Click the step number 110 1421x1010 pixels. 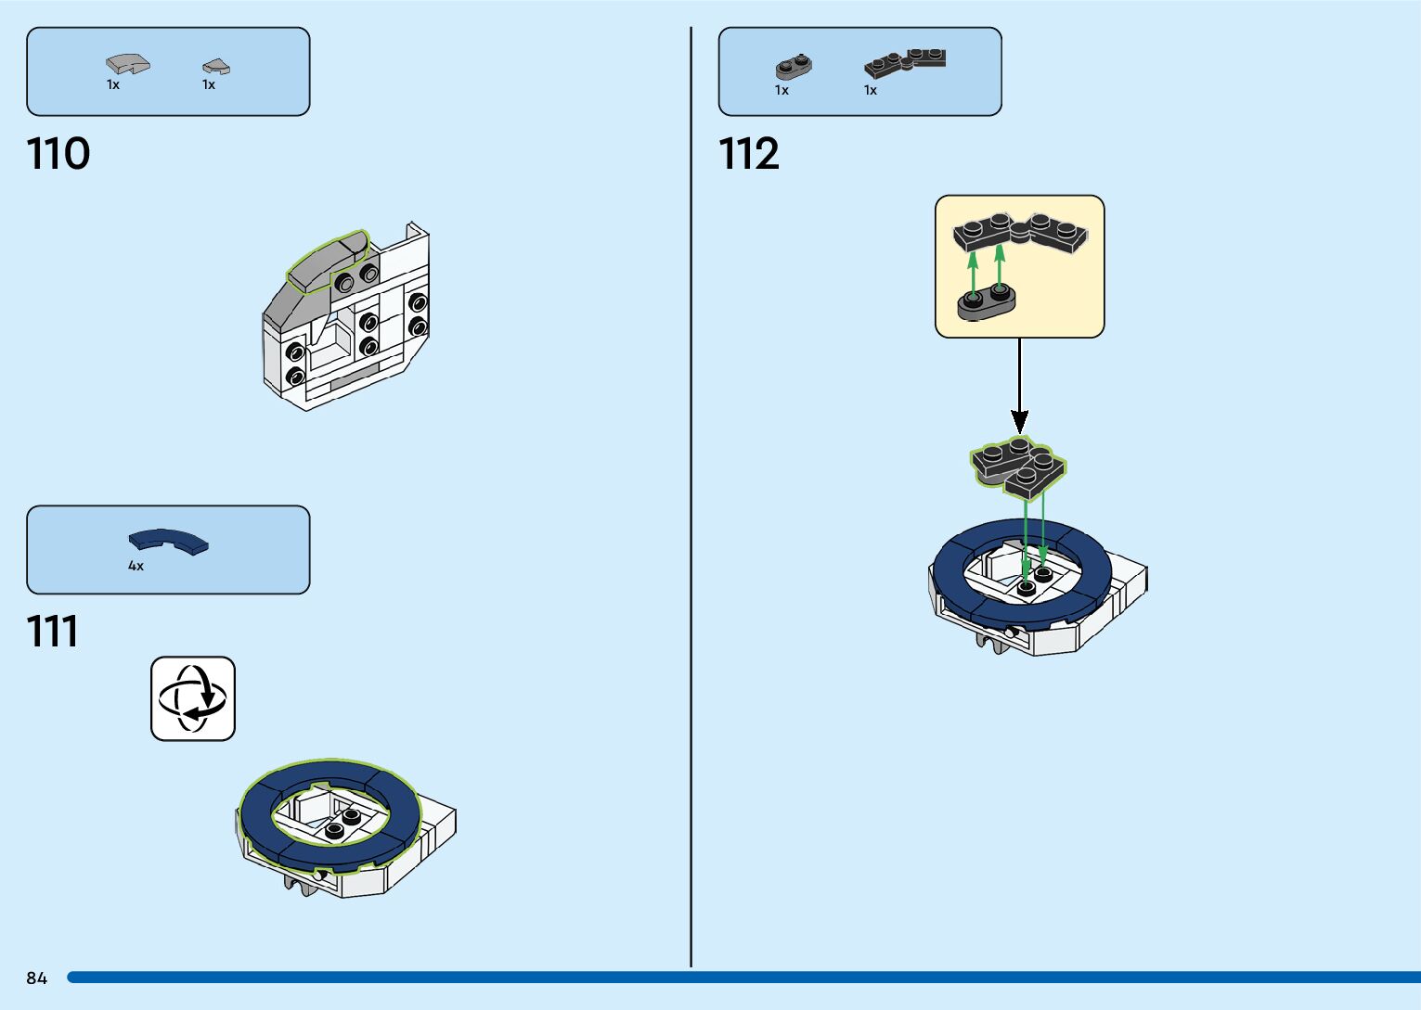click(x=58, y=153)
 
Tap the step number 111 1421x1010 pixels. click(x=53, y=632)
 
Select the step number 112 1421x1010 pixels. click(x=749, y=153)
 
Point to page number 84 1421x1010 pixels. click(x=36, y=978)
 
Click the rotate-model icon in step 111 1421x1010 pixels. click(x=193, y=698)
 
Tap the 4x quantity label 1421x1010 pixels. click(x=136, y=566)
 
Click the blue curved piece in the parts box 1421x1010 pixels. click(x=169, y=540)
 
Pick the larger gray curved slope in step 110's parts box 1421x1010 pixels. click(x=127, y=64)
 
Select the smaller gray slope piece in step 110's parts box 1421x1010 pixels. click(x=216, y=66)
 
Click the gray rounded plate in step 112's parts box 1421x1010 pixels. click(x=794, y=67)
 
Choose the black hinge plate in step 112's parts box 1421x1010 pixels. click(x=905, y=61)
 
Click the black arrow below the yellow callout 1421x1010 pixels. click(x=1019, y=390)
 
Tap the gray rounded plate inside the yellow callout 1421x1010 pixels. click(x=987, y=302)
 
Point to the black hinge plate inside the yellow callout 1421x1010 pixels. click(x=1020, y=233)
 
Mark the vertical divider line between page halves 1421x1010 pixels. click(x=691, y=501)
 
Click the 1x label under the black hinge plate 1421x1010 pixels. click(x=871, y=90)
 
